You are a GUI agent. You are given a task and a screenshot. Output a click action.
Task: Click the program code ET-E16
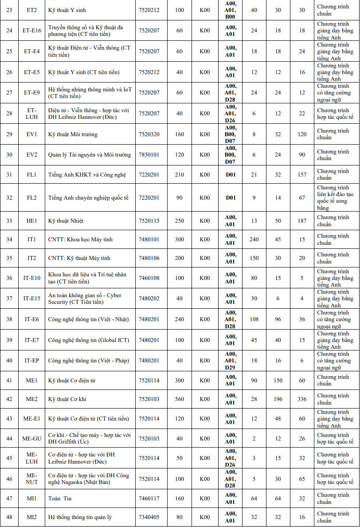(x=32, y=31)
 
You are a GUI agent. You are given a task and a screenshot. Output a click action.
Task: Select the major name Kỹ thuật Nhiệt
(x=66, y=221)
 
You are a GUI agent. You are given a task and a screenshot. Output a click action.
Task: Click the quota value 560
(x=180, y=399)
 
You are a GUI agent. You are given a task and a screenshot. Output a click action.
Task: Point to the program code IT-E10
(x=32, y=278)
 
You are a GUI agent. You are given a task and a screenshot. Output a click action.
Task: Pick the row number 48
(x=9, y=517)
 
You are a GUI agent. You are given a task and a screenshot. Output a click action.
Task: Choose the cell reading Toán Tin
(x=60, y=499)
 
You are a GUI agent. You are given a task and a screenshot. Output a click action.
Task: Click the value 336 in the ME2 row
(x=302, y=399)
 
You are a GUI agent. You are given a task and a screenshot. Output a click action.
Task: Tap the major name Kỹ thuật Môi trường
(x=73, y=134)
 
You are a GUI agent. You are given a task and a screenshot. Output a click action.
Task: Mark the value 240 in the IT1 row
(x=254, y=240)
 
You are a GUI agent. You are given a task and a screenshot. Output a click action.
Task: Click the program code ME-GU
(x=32, y=439)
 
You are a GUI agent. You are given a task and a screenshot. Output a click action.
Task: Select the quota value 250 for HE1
(x=180, y=221)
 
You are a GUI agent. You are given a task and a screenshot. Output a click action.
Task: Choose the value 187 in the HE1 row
(x=302, y=221)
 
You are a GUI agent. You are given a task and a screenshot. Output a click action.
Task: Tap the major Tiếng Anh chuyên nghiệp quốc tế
(x=88, y=198)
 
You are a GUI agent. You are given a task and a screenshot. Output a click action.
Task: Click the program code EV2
(x=32, y=155)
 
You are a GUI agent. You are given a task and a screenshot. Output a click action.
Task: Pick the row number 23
(x=9, y=10)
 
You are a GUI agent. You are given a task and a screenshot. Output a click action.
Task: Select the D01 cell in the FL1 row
(x=231, y=175)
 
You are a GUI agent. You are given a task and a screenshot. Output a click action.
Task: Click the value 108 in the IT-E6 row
(x=254, y=319)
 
